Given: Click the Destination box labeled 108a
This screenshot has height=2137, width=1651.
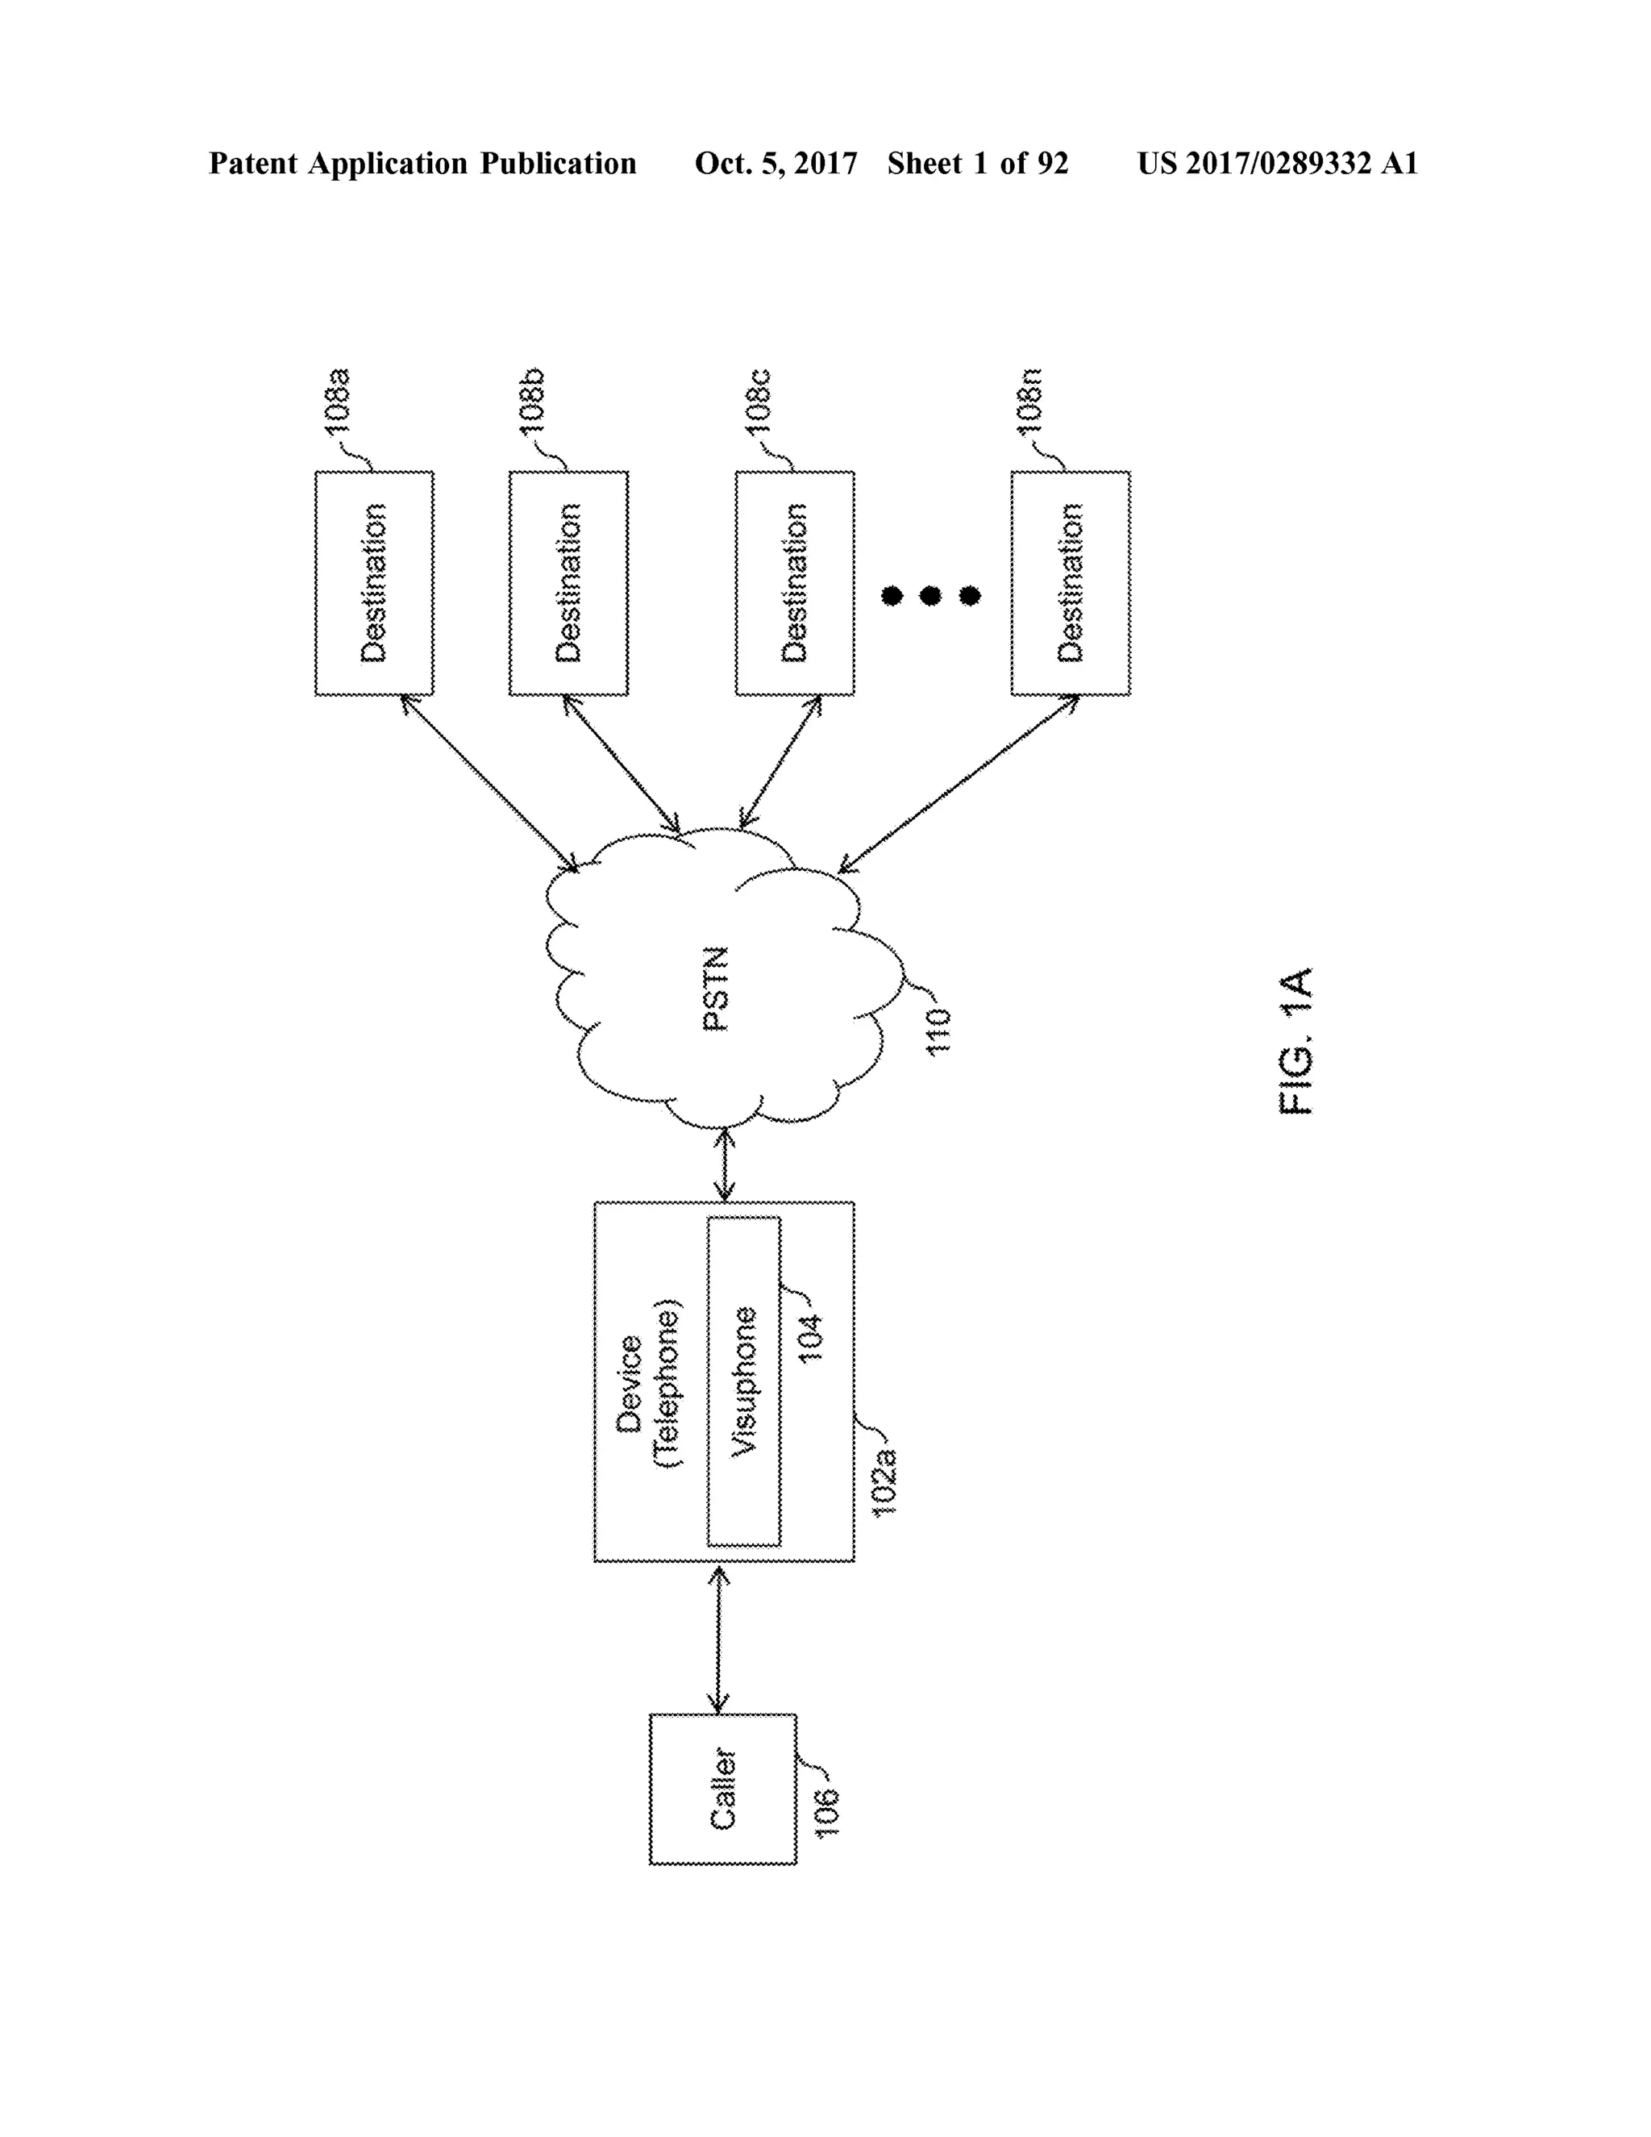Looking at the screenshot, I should pyautogui.click(x=373, y=583).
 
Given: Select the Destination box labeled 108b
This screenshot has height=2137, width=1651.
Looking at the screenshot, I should pyautogui.click(x=568, y=583).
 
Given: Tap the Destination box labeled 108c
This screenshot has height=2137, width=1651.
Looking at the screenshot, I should pyautogui.click(x=794, y=583).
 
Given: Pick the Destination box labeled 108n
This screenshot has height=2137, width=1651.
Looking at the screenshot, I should pyautogui.click(x=1070, y=583).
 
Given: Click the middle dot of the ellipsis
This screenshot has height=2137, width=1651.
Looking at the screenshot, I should pyautogui.click(x=930, y=595).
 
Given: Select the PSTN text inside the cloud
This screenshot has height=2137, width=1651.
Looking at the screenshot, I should pyautogui.click(x=716, y=989).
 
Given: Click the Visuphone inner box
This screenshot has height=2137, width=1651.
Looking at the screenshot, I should pyautogui.click(x=743, y=1381).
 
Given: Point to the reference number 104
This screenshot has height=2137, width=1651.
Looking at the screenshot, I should pyautogui.click(x=811, y=1339).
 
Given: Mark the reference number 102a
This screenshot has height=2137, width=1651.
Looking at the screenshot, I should pyautogui.click(x=884, y=1482).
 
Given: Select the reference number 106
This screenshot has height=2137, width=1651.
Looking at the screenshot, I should pyautogui.click(x=827, y=1812).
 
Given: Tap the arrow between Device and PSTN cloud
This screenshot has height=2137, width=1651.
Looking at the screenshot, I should pyautogui.click(x=725, y=1164).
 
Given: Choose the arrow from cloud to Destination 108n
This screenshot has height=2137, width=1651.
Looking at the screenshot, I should pyautogui.click(x=959, y=784).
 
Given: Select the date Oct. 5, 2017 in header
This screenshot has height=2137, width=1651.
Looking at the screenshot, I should pyautogui.click(x=776, y=164).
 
